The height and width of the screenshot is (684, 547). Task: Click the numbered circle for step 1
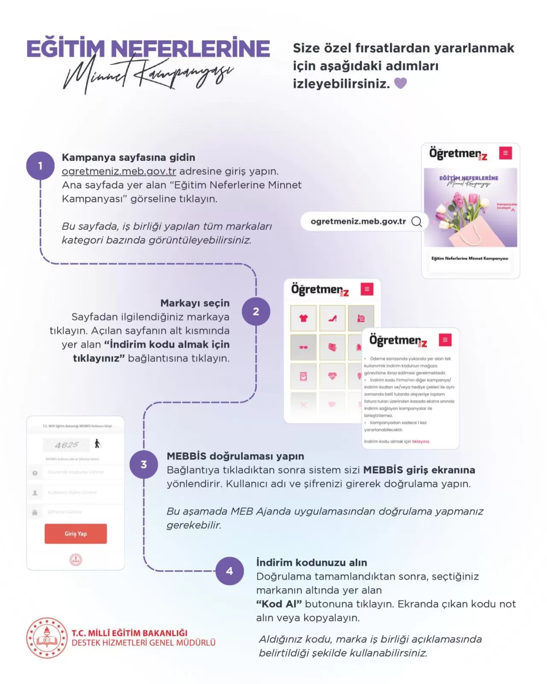pyautogui.click(x=40, y=165)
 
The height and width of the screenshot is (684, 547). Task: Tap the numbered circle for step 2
pyautogui.click(x=256, y=311)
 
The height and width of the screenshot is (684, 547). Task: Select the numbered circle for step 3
pyautogui.click(x=144, y=464)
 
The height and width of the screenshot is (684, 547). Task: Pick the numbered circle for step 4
pyautogui.click(x=229, y=571)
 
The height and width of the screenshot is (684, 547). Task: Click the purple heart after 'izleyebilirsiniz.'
pyautogui.click(x=400, y=83)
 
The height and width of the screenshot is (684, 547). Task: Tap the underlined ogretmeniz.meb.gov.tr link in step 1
pyautogui.click(x=119, y=171)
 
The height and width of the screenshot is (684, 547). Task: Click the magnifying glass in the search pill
pyautogui.click(x=416, y=221)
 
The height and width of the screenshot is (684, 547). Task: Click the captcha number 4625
pyautogui.click(x=66, y=445)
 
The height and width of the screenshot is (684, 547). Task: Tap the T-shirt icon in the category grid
pyautogui.click(x=303, y=318)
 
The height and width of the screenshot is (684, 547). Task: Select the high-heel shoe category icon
pyautogui.click(x=332, y=318)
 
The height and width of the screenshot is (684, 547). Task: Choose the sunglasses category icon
pyautogui.click(x=303, y=347)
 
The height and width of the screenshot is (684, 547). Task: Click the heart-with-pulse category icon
pyautogui.click(x=332, y=376)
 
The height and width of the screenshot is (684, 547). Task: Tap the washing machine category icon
pyautogui.click(x=303, y=376)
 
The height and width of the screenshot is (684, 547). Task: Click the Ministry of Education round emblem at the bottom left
pyautogui.click(x=47, y=638)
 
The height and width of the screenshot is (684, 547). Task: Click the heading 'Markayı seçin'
pyautogui.click(x=195, y=303)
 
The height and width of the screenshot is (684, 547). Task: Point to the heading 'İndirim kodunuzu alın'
pyautogui.click(x=312, y=563)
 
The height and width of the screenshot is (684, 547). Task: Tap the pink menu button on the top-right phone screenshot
pyautogui.click(x=506, y=153)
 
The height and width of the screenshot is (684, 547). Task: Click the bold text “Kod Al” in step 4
pyautogui.click(x=279, y=604)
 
